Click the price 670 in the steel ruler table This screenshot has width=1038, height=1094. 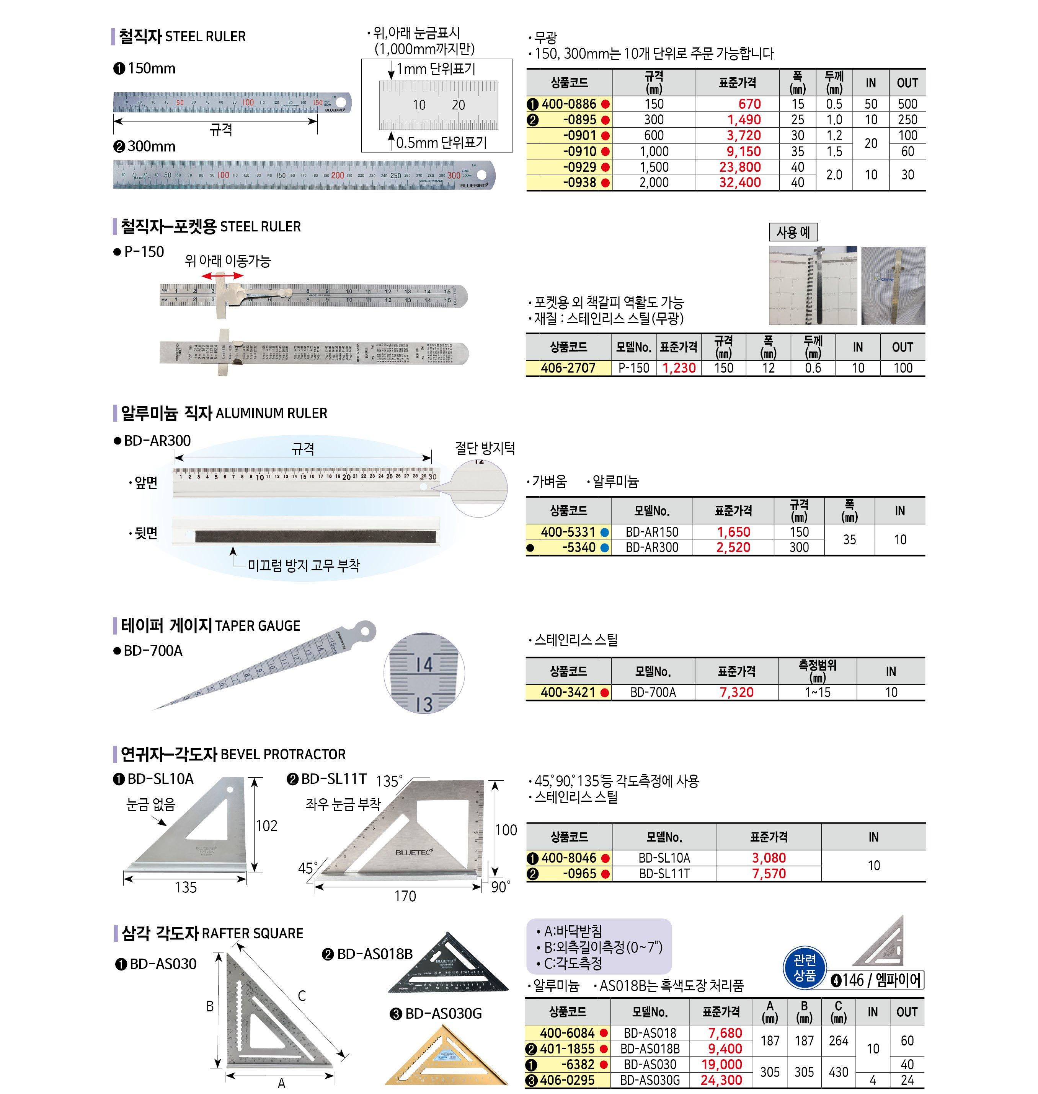(x=750, y=104)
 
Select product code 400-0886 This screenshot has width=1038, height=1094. (x=569, y=104)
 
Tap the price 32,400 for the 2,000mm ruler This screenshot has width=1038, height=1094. (x=740, y=182)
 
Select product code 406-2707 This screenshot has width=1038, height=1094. (x=568, y=368)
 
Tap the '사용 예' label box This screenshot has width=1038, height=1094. (x=793, y=232)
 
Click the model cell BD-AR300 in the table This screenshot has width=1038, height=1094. (x=652, y=547)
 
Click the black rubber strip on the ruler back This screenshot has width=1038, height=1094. (x=315, y=537)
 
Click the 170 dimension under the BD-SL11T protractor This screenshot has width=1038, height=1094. (x=405, y=896)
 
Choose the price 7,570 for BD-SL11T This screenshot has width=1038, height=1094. (x=769, y=874)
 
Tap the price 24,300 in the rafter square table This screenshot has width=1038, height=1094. (x=721, y=1080)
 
